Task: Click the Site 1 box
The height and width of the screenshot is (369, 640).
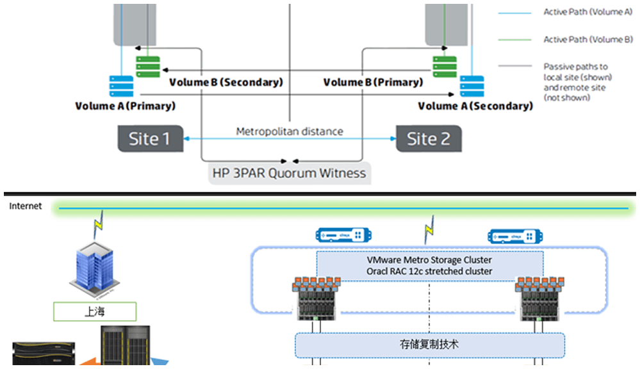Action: click(x=149, y=139)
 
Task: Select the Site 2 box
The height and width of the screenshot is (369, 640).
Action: click(x=429, y=139)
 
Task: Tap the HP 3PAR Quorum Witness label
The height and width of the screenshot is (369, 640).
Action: click(x=289, y=173)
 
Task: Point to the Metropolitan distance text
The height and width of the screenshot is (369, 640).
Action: click(x=290, y=131)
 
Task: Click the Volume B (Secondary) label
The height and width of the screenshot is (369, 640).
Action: click(x=226, y=82)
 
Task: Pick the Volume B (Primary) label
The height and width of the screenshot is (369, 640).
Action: click(x=373, y=82)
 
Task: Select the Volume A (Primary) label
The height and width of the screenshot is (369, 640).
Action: click(x=125, y=106)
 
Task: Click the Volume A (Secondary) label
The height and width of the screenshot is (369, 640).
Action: click(x=475, y=106)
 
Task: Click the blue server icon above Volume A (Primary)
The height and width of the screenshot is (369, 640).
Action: click(x=121, y=86)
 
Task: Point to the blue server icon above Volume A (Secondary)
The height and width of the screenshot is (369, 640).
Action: click(x=472, y=86)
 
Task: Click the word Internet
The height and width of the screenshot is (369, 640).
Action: click(x=26, y=206)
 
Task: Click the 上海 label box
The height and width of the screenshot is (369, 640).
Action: click(x=95, y=312)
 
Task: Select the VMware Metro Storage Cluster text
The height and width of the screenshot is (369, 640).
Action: click(x=429, y=260)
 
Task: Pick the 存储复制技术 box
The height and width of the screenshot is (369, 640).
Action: click(x=429, y=345)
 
